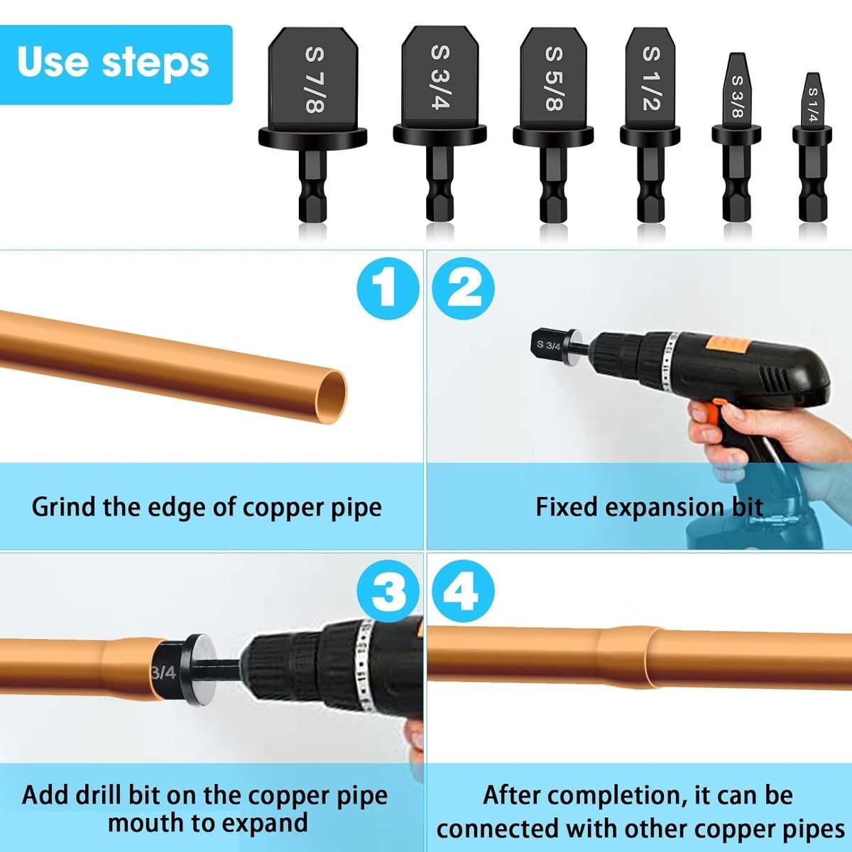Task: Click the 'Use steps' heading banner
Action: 116,65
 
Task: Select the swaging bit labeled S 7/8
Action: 313,124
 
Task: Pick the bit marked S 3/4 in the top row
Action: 439,124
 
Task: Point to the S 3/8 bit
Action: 736,137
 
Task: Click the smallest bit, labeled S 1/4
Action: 812,147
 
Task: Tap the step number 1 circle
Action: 388,288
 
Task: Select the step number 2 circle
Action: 463,288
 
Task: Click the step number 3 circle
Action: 388,591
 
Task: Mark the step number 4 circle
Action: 463,591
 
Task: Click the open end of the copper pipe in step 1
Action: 331,396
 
